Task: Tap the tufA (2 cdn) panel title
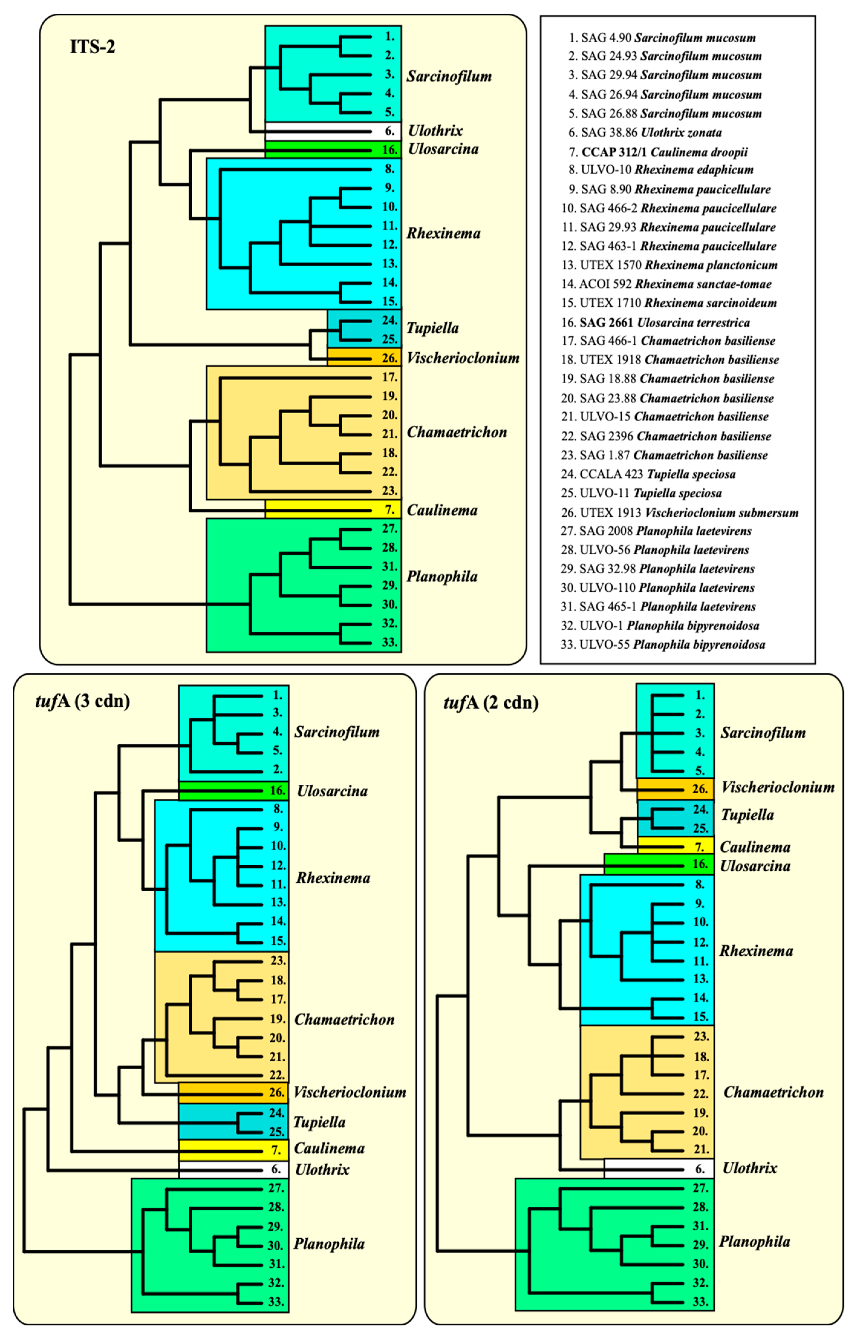click(x=491, y=702)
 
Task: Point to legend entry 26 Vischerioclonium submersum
click(x=679, y=512)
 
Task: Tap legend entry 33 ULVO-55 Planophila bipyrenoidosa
click(x=663, y=645)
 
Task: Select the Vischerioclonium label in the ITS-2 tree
click(x=463, y=358)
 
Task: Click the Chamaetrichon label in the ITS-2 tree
click(x=457, y=432)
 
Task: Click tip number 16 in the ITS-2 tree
click(x=390, y=150)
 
